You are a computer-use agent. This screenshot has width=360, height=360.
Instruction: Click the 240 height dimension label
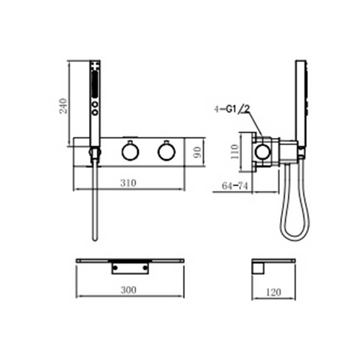[63, 106]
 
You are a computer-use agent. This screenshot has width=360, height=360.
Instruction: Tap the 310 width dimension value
[128, 183]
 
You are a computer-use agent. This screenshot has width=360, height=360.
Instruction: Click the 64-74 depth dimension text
[235, 186]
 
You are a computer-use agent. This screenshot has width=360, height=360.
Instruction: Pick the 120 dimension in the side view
[273, 292]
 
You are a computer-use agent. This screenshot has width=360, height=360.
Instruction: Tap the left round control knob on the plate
[130, 152]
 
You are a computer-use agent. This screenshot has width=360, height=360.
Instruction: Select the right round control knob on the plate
[166, 152]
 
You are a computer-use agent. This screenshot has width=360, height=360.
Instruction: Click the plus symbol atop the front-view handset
[94, 66]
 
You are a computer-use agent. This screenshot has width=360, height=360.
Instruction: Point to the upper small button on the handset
[95, 104]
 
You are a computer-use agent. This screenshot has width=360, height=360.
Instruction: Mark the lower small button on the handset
[95, 112]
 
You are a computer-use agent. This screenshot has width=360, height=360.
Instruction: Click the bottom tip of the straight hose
[94, 238]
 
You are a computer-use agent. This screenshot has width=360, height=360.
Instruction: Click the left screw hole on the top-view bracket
[116, 268]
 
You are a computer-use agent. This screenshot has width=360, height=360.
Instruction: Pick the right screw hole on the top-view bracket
[145, 268]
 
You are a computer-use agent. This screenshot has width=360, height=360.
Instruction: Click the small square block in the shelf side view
[258, 269]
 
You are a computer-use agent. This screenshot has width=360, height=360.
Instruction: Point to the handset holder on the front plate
[94, 153]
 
